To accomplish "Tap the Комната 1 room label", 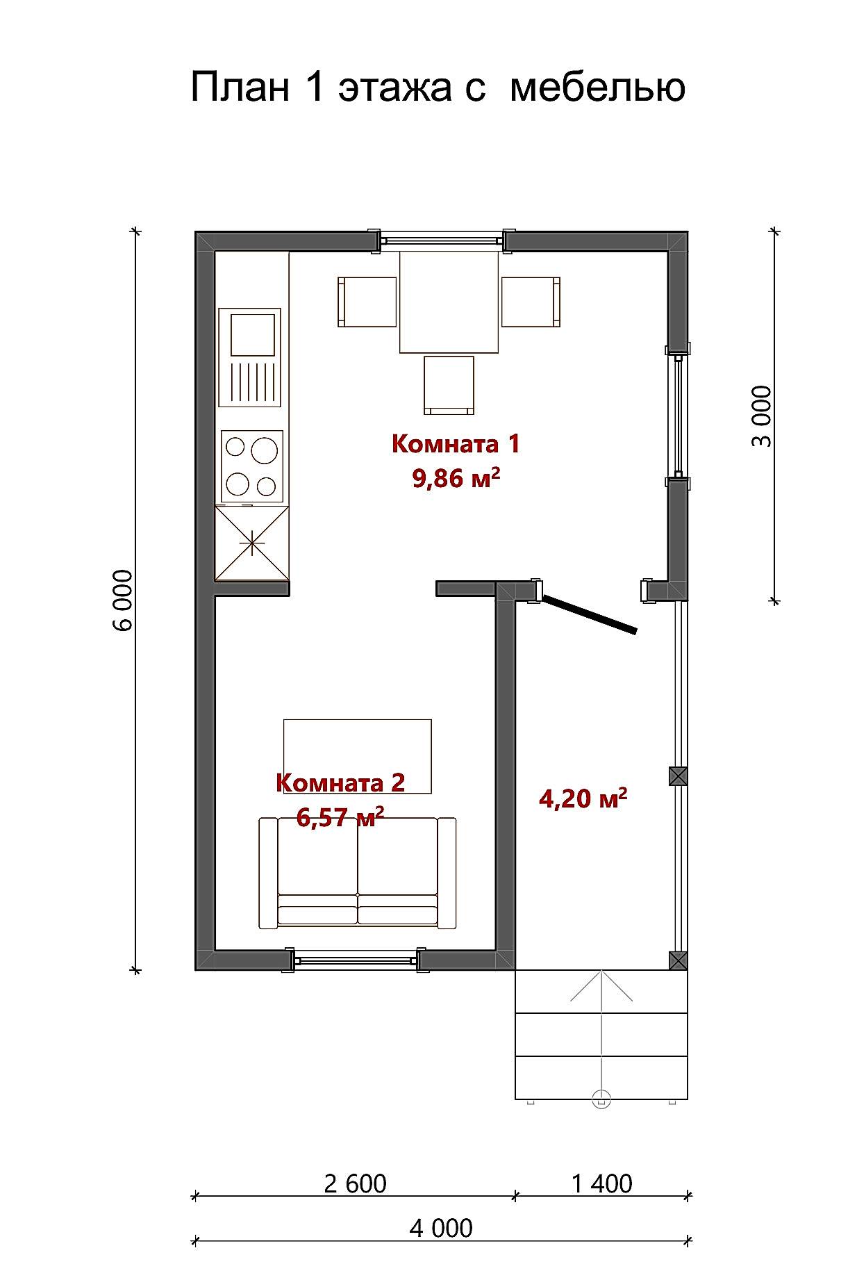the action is click(456, 443).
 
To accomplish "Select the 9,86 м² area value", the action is click(456, 477).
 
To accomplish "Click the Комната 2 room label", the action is click(340, 782).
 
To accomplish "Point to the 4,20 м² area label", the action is click(583, 798).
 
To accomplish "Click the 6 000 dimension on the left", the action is click(122, 600).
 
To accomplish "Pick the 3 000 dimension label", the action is click(762, 416).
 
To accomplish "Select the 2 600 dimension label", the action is click(355, 1183).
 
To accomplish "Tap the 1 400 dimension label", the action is click(601, 1183).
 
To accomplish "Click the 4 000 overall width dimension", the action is click(441, 1228).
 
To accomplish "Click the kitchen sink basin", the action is click(250, 334).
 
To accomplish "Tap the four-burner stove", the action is click(252, 466).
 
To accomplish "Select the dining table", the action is click(449, 302).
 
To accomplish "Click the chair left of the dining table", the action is click(367, 302).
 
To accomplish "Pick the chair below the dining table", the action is click(449, 385).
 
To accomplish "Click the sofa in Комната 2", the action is click(358, 873).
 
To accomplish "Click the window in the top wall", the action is click(441, 240).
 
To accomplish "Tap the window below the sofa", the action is click(354, 960).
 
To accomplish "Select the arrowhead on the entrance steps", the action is click(601, 986).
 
